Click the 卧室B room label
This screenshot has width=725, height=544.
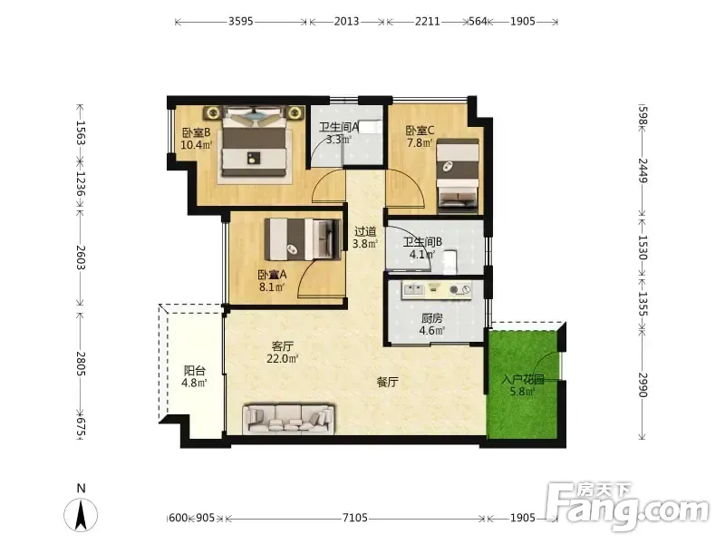point(196,132)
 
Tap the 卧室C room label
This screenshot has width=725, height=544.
point(420,131)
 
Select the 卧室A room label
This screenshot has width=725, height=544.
point(272,275)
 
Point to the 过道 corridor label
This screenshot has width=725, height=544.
point(365,231)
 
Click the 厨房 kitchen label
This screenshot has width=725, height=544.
point(432,318)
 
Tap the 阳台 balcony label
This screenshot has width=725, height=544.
point(194,371)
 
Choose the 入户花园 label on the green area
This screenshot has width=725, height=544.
point(523,380)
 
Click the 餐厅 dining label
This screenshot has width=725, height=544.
point(388,382)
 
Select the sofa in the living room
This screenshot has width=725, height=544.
point(288,419)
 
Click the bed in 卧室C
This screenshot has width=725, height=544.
point(458,175)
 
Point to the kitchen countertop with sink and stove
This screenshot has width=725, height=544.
point(437,290)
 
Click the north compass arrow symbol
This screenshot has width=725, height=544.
point(81,515)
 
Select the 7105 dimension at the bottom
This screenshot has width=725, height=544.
point(354,518)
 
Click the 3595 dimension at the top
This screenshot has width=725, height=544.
point(240,21)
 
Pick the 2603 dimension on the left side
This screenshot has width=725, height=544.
point(81,257)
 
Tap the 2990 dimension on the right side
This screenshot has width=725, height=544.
point(643,384)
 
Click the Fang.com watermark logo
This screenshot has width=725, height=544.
point(627,507)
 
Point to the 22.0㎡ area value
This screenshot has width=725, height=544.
point(282,358)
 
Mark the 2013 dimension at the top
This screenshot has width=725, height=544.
point(346,21)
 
